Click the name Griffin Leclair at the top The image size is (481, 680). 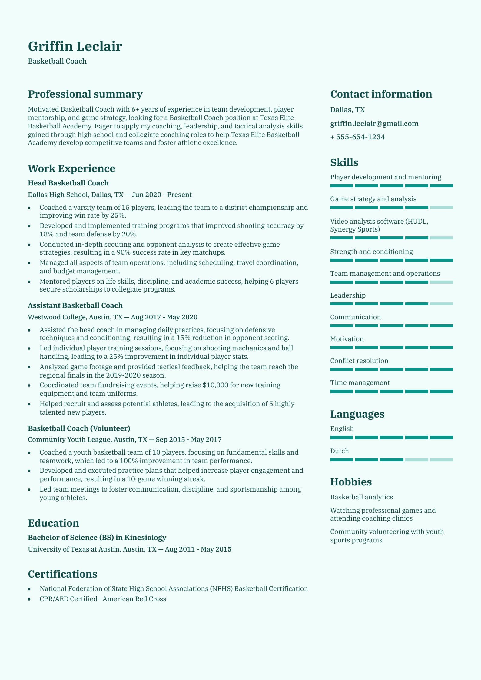75,46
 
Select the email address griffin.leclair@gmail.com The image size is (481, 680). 374,124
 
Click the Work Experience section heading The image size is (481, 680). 71,168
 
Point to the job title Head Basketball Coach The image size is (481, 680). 68,183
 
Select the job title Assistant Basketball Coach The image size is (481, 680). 75,305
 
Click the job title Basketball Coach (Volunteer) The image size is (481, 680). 79,428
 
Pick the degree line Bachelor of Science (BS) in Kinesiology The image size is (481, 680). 97,538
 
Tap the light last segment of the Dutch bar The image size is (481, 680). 441,460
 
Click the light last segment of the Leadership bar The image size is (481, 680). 441,304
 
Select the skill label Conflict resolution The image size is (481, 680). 359,361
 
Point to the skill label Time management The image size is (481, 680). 360,383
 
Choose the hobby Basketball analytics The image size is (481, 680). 361,497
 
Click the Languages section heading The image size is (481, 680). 357,414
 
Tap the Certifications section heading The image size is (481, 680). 62,574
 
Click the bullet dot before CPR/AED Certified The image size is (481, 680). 29,599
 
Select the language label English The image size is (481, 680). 342,429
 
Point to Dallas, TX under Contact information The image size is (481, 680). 347,110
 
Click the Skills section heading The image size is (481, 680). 344,163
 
